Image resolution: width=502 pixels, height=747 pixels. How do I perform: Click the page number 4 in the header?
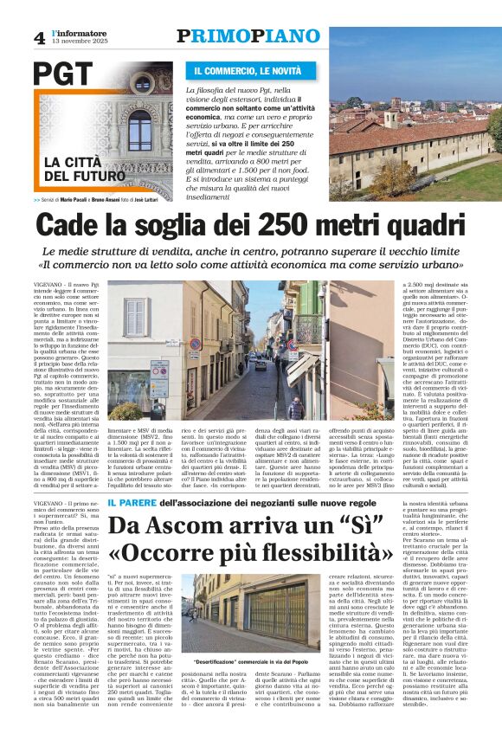point(40,37)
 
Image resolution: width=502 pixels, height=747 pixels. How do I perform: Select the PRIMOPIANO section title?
point(248,35)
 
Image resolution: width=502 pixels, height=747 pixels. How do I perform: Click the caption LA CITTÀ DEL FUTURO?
point(77,169)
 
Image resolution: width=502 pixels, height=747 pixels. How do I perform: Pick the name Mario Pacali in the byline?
point(84,198)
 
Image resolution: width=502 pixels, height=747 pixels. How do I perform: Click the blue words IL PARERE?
point(131,502)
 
